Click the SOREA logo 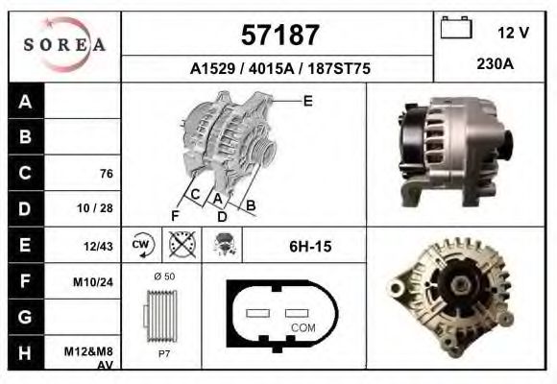coord(65,45)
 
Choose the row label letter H coord(25,351)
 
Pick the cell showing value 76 coord(107,174)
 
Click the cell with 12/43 coord(99,246)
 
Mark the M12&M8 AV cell coord(92,356)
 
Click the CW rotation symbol coord(141,245)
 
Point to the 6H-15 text coord(309,247)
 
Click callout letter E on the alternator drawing coord(307,100)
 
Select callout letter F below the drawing coord(176,214)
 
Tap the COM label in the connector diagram coord(303,327)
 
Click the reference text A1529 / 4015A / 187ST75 coord(280,70)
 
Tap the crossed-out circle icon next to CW coord(178,245)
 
